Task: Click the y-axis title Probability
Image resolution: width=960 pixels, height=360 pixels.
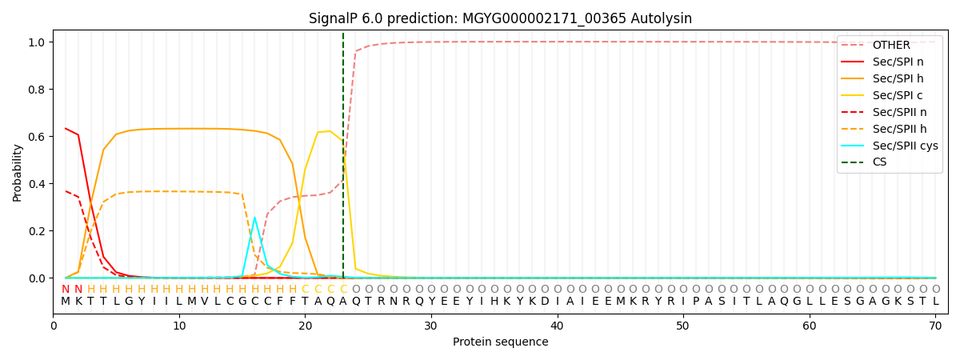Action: [x=18, y=172]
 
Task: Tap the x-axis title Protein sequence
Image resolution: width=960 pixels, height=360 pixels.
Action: [x=501, y=342]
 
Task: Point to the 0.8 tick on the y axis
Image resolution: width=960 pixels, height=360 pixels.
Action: [x=35, y=89]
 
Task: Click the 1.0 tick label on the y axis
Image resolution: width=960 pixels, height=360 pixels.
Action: [x=35, y=42]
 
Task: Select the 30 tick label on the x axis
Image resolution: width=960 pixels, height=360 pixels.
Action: [x=431, y=326]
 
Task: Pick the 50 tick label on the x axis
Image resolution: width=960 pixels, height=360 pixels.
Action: [x=682, y=326]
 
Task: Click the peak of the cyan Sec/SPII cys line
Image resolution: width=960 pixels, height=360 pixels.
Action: [x=254, y=218]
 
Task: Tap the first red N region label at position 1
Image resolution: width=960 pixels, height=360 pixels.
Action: [x=66, y=289]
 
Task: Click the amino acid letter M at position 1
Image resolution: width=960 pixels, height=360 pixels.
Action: [x=66, y=302]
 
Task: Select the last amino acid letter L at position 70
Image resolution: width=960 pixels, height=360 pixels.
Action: [x=935, y=302]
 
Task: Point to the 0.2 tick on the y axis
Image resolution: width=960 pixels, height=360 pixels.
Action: [x=35, y=231]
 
